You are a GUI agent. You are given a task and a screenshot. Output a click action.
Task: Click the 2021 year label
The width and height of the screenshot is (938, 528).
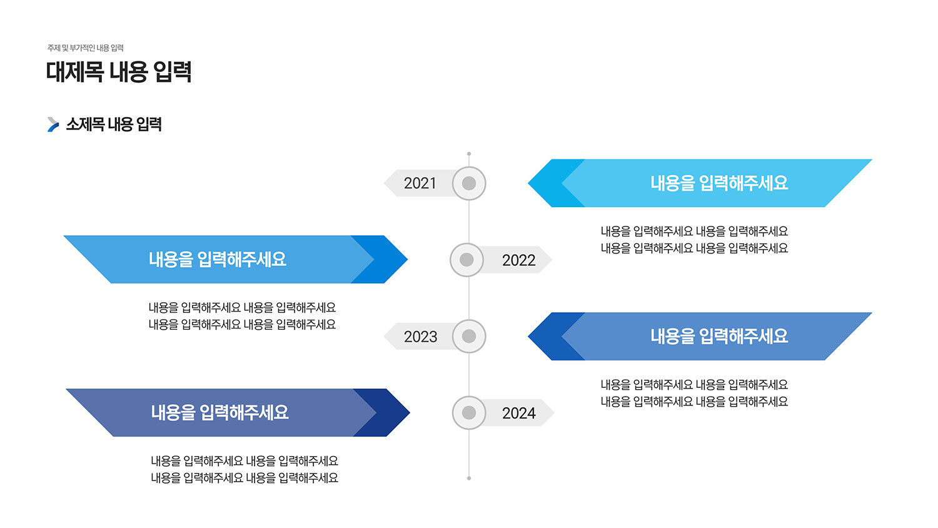pos(420,183)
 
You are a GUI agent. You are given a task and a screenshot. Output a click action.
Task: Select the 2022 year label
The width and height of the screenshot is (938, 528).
pos(519,260)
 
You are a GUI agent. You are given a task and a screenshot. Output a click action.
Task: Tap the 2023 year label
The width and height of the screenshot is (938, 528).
pos(420,337)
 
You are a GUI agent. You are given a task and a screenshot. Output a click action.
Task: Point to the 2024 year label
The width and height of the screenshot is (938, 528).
pos(519,414)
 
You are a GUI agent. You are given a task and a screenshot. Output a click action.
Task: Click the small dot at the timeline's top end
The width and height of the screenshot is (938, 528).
pos(469,154)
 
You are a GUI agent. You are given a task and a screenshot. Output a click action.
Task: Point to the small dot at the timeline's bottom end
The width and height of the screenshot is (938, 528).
pos(469,478)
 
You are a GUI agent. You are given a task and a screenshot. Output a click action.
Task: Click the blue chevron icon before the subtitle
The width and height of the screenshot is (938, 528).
pos(53,124)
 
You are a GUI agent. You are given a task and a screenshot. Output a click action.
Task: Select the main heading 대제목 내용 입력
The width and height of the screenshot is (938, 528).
pos(119,72)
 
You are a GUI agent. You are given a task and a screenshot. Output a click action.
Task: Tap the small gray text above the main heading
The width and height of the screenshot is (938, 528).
pos(86,48)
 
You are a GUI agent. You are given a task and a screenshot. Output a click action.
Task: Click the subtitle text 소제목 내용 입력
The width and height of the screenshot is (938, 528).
pos(114,124)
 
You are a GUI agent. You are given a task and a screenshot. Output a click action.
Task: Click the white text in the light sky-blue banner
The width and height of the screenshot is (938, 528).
pos(719,183)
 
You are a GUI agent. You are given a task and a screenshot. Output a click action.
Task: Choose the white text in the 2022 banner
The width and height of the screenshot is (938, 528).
pos(218,260)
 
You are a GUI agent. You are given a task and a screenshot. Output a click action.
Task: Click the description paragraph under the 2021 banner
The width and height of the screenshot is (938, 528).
pos(694,240)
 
